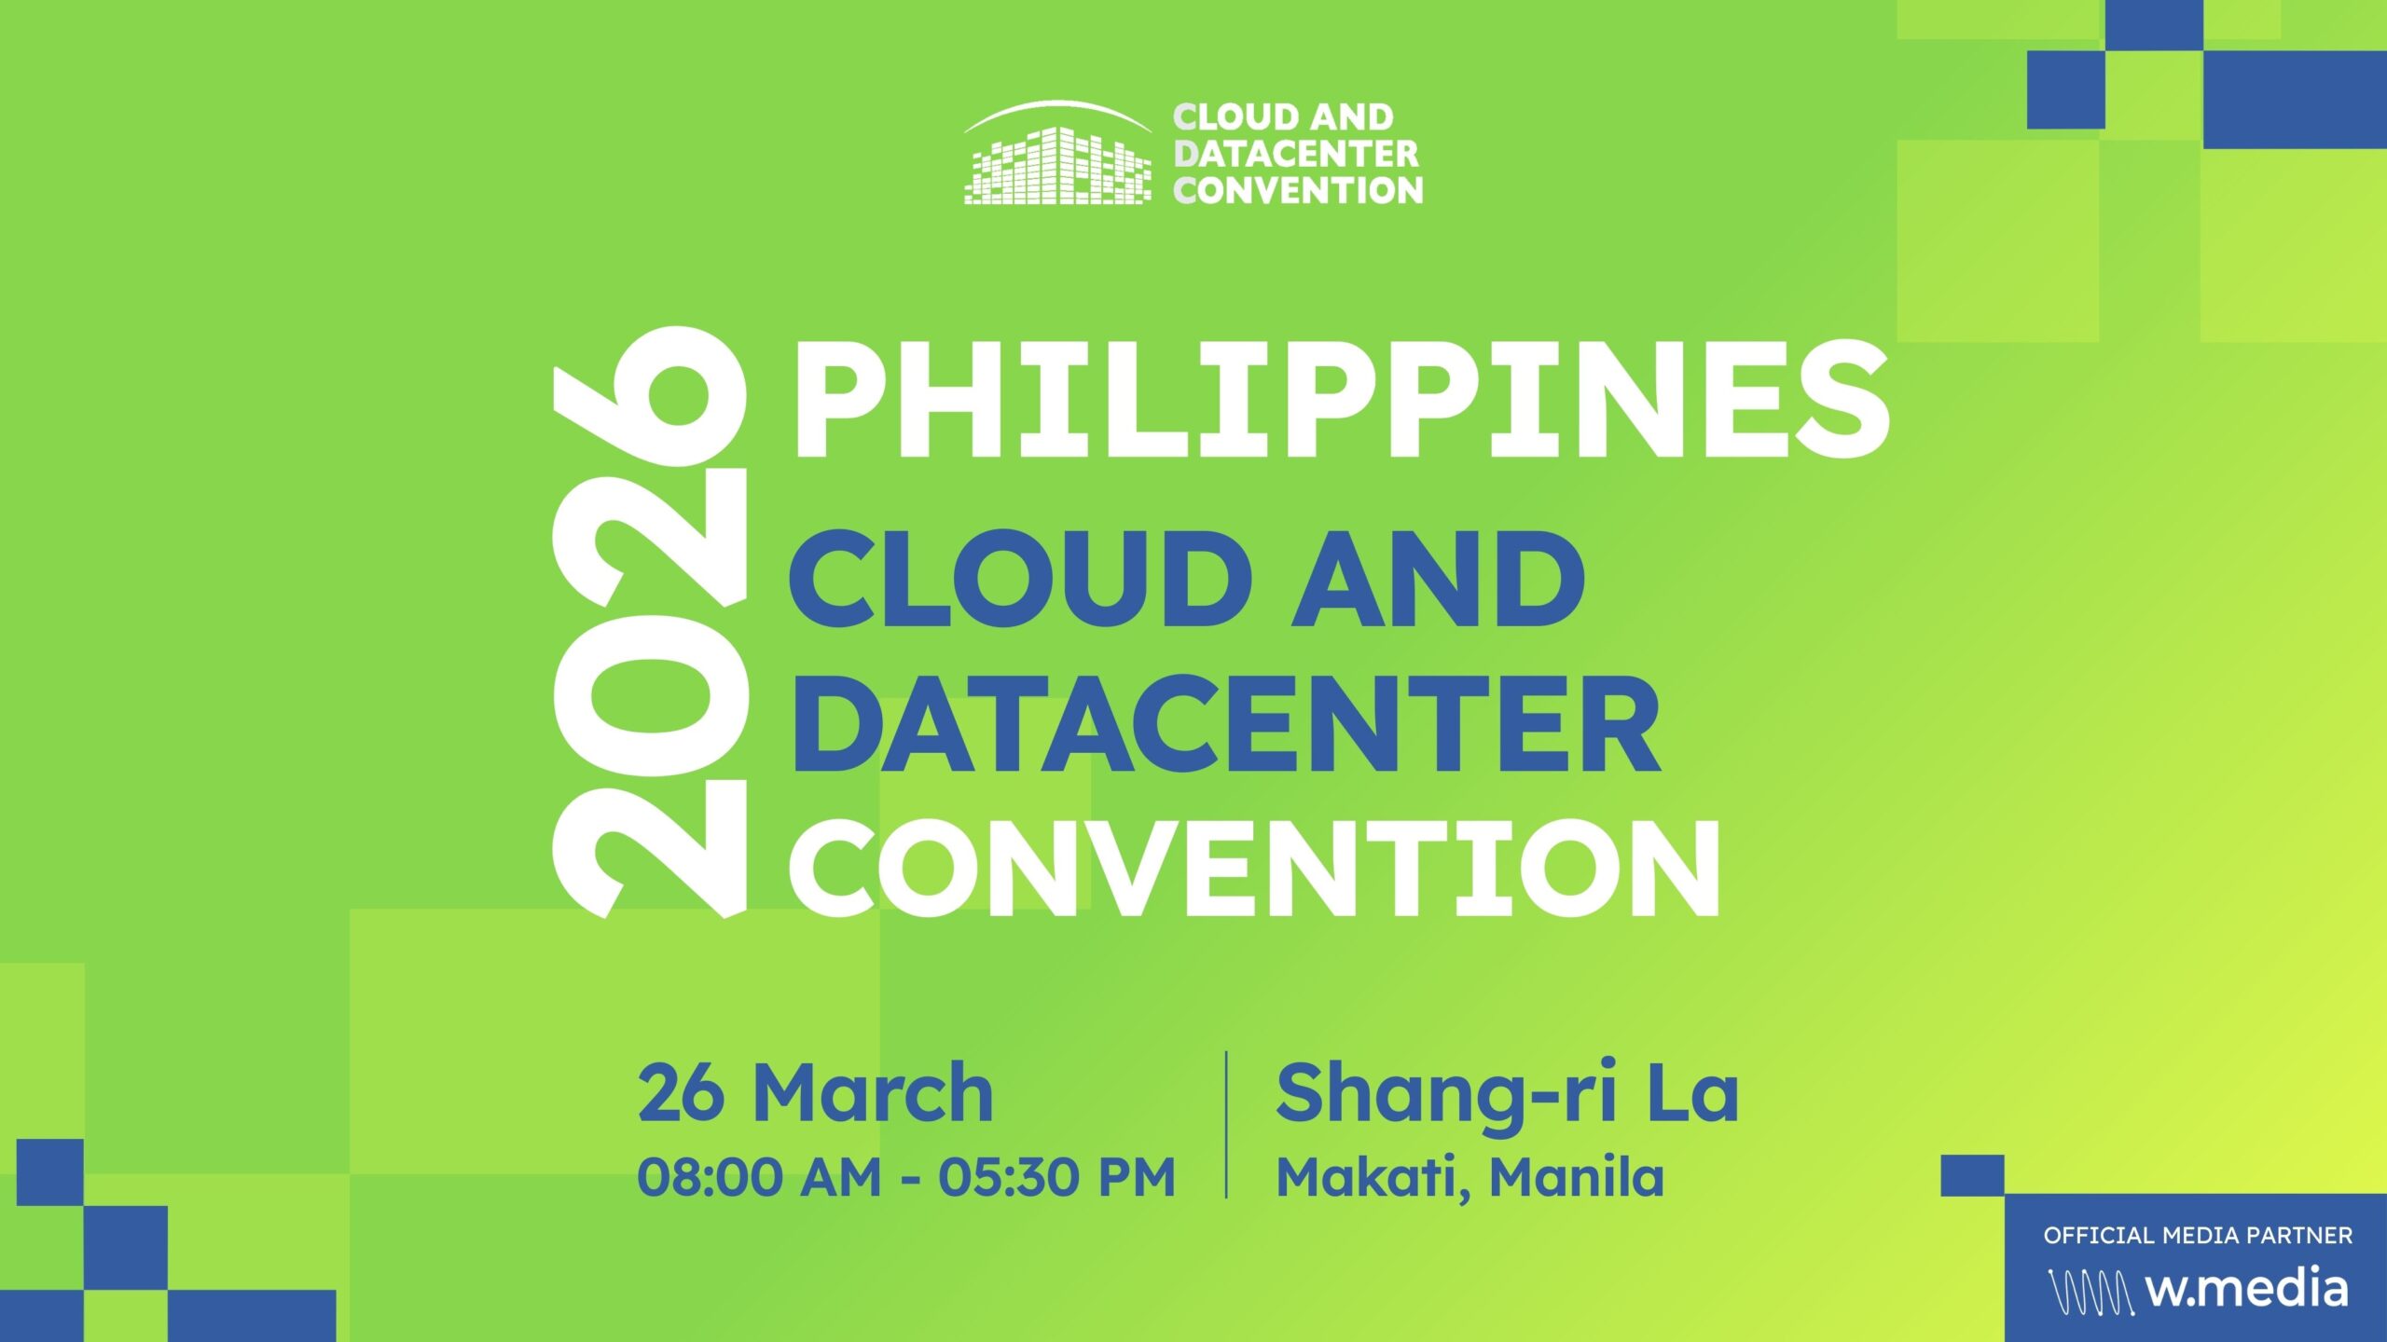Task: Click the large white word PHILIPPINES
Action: point(1339,400)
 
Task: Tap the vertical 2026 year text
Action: point(650,623)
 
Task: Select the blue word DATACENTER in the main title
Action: point(1225,724)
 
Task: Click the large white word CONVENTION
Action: point(1254,869)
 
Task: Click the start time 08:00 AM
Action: point(759,1177)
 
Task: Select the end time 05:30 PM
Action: point(1056,1177)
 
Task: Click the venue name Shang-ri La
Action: point(1506,1095)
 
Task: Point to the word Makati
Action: point(1371,1177)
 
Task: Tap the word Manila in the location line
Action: point(1576,1177)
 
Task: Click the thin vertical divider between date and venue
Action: point(1226,1124)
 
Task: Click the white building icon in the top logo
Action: point(1057,158)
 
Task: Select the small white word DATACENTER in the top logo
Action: point(1296,154)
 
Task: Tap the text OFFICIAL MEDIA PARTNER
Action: point(2198,1236)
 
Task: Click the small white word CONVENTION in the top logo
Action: point(1298,191)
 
